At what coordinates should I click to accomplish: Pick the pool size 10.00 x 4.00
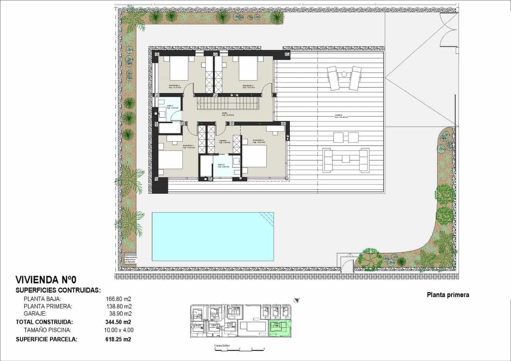tap(119, 330)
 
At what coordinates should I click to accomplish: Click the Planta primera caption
tap(448, 295)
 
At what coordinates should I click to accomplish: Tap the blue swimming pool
tap(212, 237)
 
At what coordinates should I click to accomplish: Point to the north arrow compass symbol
tap(297, 300)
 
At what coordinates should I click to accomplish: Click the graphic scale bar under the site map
tap(240, 350)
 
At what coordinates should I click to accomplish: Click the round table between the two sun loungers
tap(344, 74)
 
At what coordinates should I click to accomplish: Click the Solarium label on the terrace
tap(341, 116)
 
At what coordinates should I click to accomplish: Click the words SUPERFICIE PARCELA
tap(46, 339)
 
